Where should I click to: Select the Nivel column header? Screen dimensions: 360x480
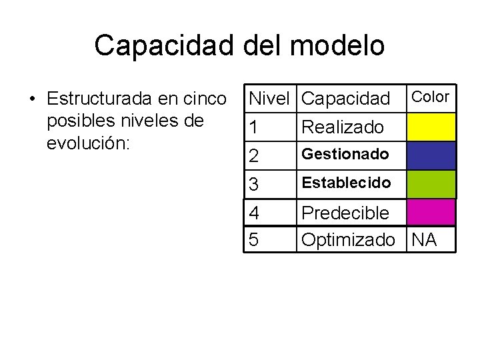pyautogui.click(x=269, y=99)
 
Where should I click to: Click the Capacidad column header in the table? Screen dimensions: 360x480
pyautogui.click(x=345, y=99)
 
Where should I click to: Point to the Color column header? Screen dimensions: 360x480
pyautogui.click(x=431, y=97)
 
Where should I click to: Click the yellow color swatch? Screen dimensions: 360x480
pyautogui.click(x=431, y=127)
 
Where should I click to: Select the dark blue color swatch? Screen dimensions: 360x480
pyautogui.click(x=431, y=155)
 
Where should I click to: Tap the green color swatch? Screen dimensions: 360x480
pyautogui.click(x=431, y=184)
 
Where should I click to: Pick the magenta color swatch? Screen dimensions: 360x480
pyautogui.click(x=431, y=213)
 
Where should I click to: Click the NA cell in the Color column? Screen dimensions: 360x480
pyautogui.click(x=425, y=239)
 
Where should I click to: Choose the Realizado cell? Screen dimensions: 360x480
pyautogui.click(x=343, y=127)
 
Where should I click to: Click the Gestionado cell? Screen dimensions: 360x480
pyautogui.click(x=345, y=154)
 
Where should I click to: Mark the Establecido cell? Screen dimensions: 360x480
pyautogui.click(x=346, y=181)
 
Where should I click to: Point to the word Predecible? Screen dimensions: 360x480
pyautogui.click(x=345, y=213)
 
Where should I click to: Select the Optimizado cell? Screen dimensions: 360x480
pyautogui.click(x=348, y=239)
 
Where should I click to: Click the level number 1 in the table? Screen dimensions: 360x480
pyautogui.click(x=253, y=127)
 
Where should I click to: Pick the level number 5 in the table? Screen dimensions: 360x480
pyautogui.click(x=253, y=239)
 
